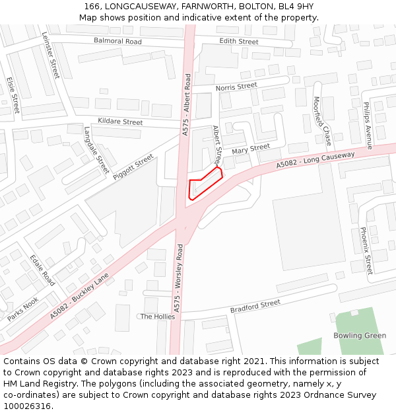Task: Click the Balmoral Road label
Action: click(117, 42)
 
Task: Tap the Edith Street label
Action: click(238, 42)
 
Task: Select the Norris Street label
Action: click(236, 87)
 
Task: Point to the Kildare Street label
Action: click(120, 122)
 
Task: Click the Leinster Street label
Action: click(50, 56)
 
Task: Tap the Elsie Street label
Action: click(13, 94)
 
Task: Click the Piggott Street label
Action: click(133, 167)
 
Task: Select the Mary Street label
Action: click(251, 149)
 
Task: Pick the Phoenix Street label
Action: click(366, 250)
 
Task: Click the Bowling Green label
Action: click(359, 336)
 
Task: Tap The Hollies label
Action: click(158, 317)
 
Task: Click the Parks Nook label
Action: click(23, 309)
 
